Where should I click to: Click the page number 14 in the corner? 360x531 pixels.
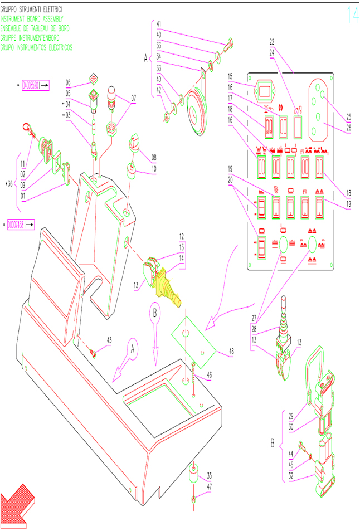point(352,16)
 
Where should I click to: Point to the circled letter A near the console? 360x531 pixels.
point(132,348)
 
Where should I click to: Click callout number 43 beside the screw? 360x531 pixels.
point(109,340)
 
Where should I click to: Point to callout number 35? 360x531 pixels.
point(209,475)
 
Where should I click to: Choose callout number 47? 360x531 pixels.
point(209,486)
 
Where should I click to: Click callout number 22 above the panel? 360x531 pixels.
point(272,42)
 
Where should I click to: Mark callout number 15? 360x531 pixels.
point(230,76)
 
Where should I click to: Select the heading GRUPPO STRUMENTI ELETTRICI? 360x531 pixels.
point(35,9)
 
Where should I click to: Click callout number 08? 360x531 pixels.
point(153,157)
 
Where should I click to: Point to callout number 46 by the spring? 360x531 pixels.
point(210,376)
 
